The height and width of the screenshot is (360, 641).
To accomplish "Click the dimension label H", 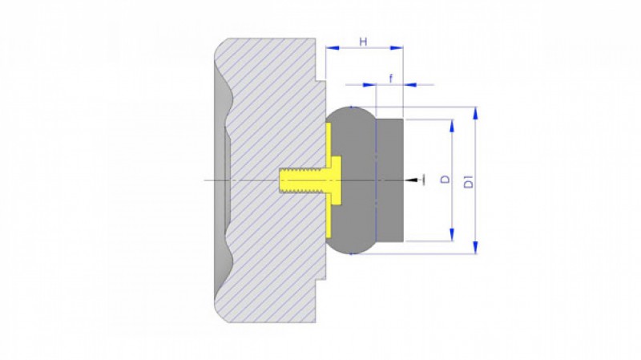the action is (x=363, y=42).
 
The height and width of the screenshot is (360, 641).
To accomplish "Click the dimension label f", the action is (x=391, y=78).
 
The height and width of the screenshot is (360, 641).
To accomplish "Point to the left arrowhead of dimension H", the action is (x=333, y=48).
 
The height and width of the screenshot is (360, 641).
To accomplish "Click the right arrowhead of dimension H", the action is (x=397, y=48).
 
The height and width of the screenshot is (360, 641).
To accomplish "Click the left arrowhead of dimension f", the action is (x=369, y=85).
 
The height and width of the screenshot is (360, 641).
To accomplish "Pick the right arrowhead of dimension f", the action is (x=409, y=85).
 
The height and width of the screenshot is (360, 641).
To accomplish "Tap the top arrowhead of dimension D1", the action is (x=475, y=113).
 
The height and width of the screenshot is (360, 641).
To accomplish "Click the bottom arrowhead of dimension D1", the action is (x=475, y=247).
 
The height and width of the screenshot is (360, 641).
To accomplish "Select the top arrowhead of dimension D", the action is (x=452, y=126).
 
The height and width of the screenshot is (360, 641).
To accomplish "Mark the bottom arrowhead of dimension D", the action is (x=452, y=235).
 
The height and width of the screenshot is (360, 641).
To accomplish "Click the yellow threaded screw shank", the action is (x=302, y=180).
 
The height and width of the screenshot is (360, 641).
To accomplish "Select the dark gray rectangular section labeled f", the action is (x=389, y=180).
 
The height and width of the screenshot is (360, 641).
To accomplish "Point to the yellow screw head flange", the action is (x=336, y=180).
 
